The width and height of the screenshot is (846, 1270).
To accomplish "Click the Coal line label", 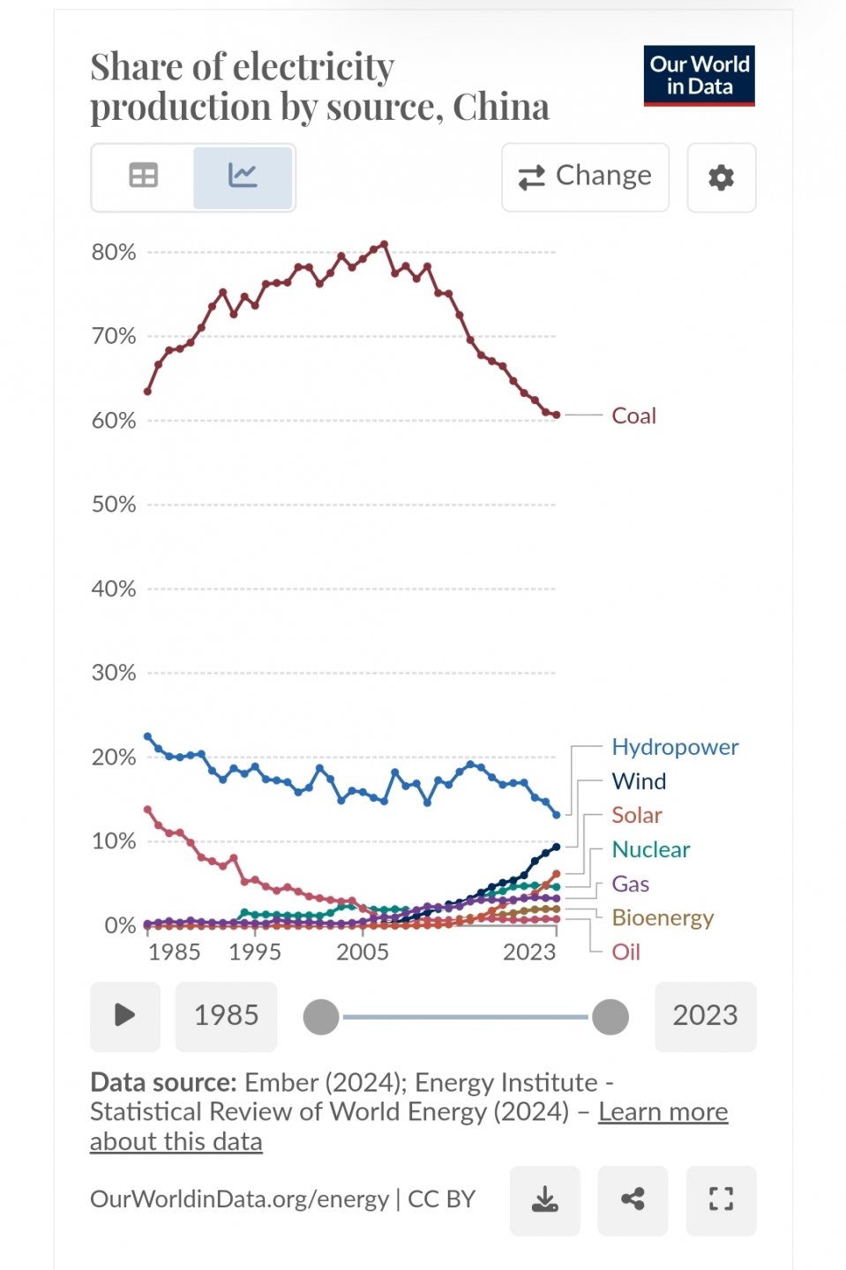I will (633, 415).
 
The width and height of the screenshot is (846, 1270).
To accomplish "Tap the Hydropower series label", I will (675, 747).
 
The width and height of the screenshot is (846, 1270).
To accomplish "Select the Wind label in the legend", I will (639, 781).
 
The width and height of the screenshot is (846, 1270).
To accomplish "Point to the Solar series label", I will (636, 815).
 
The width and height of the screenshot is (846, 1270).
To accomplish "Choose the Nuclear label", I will (650, 849).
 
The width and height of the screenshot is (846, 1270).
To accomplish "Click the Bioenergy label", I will (663, 918).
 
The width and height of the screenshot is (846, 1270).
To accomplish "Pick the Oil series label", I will (625, 952).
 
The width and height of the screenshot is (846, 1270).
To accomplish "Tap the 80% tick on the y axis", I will (114, 252).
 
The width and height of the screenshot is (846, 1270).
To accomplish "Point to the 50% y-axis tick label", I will (114, 504).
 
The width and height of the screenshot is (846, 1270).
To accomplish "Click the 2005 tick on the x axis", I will (362, 952).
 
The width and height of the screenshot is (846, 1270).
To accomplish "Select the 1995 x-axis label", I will (254, 952).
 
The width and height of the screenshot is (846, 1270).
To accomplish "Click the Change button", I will (585, 177).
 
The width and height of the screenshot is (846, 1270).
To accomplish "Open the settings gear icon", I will (721, 177).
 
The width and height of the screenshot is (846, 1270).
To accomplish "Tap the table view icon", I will (143, 176).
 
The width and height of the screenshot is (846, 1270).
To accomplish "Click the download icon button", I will (544, 1199).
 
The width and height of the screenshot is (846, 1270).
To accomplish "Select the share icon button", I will (633, 1199).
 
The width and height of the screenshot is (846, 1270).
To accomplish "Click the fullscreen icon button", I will (721, 1199).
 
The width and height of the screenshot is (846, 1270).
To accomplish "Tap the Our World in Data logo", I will (699, 76).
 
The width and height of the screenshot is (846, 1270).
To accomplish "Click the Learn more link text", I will (663, 1111).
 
